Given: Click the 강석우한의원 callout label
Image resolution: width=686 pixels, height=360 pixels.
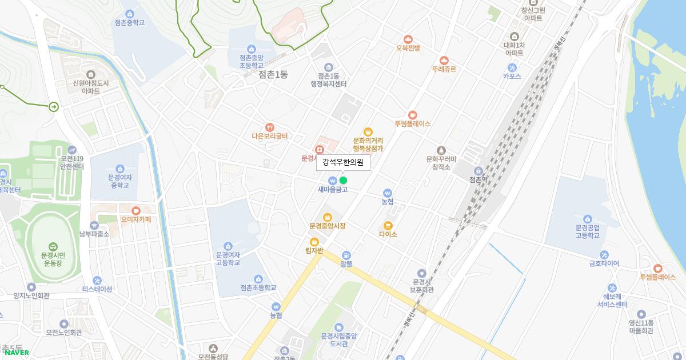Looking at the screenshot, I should [343, 162].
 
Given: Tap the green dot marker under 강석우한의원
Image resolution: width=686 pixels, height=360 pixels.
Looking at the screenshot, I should [343, 181].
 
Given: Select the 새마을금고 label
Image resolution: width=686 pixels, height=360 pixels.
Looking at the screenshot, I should [333, 189].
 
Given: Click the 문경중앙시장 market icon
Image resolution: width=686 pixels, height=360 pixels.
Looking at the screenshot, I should [328, 217].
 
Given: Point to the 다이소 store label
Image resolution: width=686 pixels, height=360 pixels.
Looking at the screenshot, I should [388, 234].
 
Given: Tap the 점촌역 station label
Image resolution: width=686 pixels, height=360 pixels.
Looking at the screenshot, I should [478, 179].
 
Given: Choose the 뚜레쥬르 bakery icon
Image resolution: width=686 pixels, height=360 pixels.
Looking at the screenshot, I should [444, 61].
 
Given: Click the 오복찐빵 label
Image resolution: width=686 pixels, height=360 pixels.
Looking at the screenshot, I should [408, 49].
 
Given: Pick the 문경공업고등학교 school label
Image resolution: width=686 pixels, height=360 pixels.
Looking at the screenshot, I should [587, 231].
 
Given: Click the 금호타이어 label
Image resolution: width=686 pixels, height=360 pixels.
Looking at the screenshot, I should [604, 263].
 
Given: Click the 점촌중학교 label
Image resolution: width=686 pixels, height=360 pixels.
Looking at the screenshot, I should [129, 23].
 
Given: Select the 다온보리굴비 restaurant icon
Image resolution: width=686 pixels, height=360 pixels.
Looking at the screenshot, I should [270, 127].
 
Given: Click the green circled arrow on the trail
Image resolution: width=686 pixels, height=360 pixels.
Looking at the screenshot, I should [53, 106].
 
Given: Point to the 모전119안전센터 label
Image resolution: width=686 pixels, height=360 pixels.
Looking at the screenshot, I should [72, 162].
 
